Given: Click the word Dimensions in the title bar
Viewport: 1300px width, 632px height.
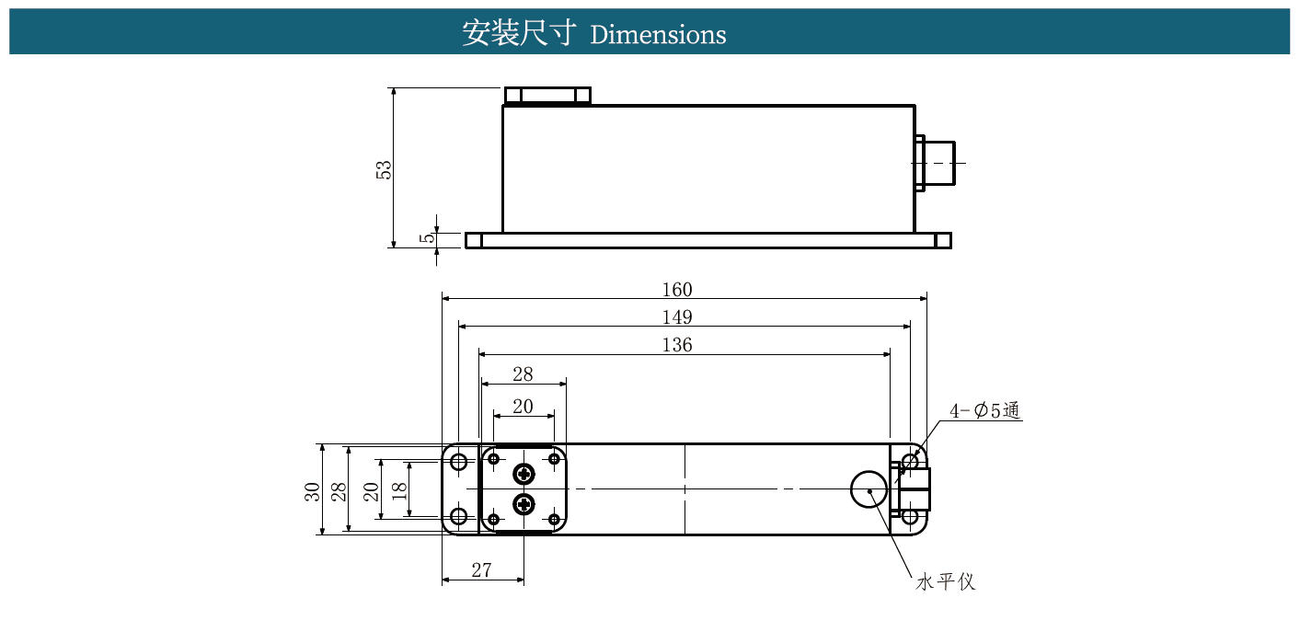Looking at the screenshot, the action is click(x=658, y=35).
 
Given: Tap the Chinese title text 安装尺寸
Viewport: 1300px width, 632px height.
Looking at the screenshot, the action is click(x=519, y=33).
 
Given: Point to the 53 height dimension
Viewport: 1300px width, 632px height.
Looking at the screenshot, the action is click(x=384, y=170).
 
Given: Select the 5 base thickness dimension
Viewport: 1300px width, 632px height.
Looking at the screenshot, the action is click(x=428, y=237).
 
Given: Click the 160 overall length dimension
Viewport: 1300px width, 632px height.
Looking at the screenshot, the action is click(x=677, y=289).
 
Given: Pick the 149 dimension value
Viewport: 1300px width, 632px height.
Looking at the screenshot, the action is click(x=677, y=316).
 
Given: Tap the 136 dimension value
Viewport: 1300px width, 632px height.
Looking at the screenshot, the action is click(x=677, y=345).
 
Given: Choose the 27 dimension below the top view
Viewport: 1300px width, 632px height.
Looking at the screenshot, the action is click(x=482, y=569).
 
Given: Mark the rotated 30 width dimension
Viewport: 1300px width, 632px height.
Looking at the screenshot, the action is click(x=312, y=491).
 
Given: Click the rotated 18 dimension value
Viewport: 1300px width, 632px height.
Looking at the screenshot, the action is click(x=399, y=491).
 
